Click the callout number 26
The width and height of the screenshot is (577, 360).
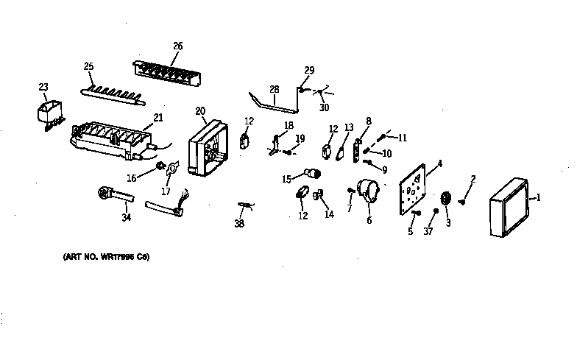coord(177,46)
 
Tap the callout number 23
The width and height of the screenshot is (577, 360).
coord(43,87)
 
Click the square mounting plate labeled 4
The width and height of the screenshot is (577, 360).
coord(413,191)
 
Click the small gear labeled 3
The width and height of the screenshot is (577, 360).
coord(446,200)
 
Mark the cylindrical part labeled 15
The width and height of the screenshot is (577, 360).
coord(314,174)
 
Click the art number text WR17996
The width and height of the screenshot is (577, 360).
coord(106,257)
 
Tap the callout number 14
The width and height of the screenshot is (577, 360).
coord(328,214)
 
